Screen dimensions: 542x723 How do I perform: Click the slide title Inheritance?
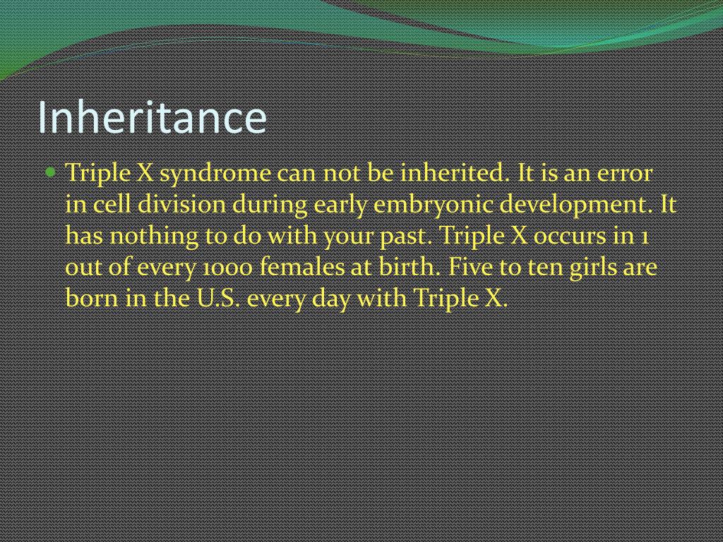(152, 117)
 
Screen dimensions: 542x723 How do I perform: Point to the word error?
(625, 173)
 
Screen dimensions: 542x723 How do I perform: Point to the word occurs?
(571, 236)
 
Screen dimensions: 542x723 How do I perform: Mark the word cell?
(110, 205)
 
